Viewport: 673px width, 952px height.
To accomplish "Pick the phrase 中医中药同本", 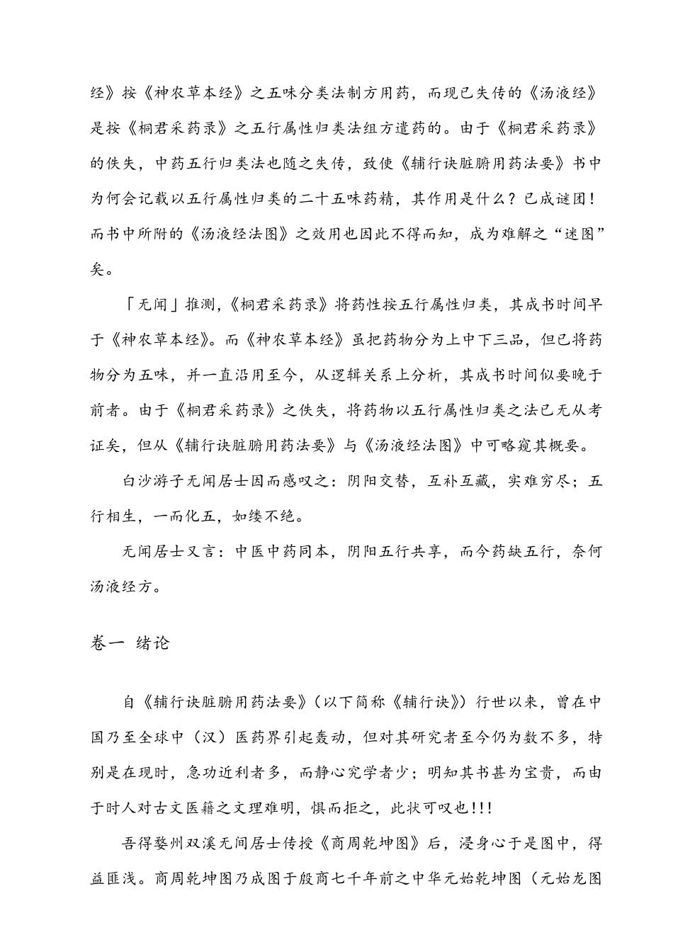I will click(282, 552).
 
